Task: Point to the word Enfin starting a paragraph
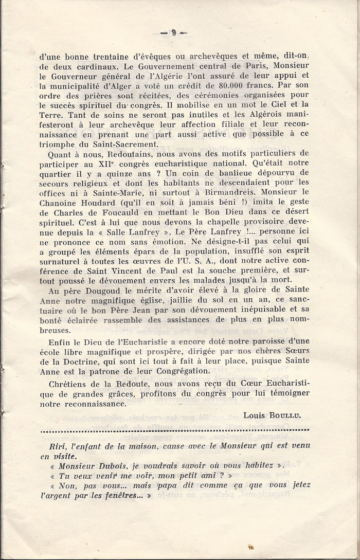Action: [58, 340]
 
